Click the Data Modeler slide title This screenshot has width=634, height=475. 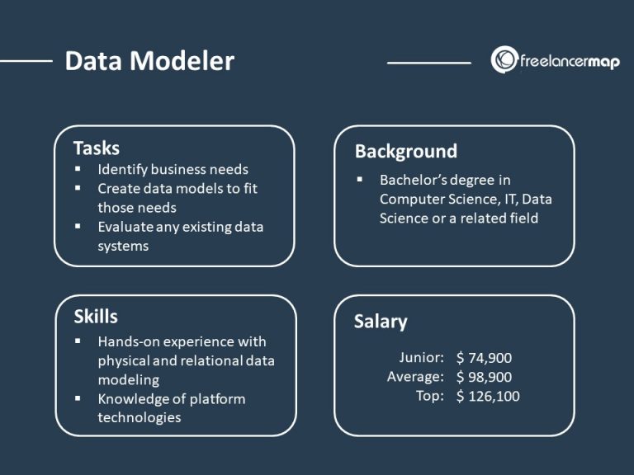point(149,61)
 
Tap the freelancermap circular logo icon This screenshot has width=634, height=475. point(504,60)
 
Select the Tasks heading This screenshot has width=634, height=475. point(97,148)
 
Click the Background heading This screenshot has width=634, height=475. point(405,151)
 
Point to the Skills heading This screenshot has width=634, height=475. point(96,317)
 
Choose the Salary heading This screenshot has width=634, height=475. point(381,322)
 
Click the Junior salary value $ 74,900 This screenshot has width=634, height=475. point(484,358)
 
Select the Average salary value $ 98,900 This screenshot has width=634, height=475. point(484,377)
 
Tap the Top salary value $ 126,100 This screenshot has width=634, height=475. point(488,396)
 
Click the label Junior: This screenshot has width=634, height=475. point(422,358)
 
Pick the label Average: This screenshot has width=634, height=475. point(416,377)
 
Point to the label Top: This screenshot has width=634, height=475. point(429,396)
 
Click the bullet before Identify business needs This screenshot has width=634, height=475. point(78,169)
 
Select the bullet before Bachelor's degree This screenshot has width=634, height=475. point(360,180)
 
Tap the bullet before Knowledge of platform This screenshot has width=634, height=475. point(78,398)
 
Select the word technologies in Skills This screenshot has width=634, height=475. point(139,417)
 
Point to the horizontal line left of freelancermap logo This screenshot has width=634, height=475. point(428,62)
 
